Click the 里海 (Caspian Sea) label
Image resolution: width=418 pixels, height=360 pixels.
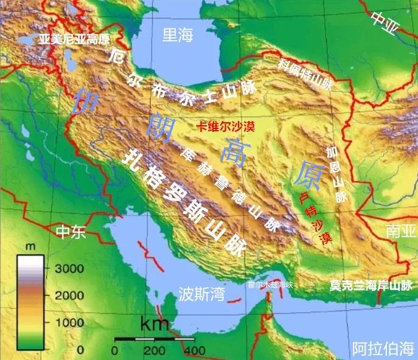tap(178, 35)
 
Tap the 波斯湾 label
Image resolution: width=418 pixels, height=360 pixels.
tap(201, 295)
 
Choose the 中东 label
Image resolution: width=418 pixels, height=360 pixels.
tap(71, 233)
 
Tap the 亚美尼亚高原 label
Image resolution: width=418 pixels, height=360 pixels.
tap(74, 40)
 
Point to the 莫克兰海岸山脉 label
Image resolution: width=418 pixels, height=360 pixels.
tap(371, 285)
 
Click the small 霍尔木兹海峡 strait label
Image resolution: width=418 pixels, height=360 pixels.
tap(270, 284)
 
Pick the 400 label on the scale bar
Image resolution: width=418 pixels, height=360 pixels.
tap(193, 350)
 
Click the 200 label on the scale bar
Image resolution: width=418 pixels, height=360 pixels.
tap(155, 350)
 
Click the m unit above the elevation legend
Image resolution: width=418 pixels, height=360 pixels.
tap(30, 247)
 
